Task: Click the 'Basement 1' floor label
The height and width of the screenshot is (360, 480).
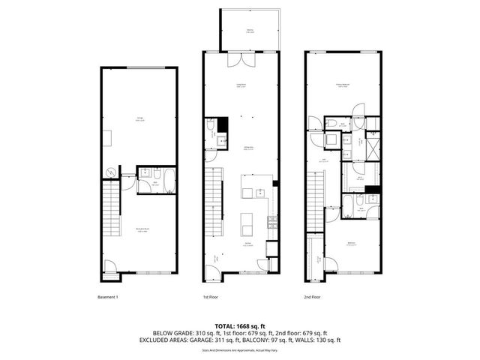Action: click(x=109, y=297)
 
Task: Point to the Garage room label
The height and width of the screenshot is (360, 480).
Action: click(x=140, y=118)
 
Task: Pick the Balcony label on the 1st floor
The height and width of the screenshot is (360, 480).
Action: click(x=250, y=31)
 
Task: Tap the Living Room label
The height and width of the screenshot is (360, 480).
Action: click(x=241, y=85)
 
